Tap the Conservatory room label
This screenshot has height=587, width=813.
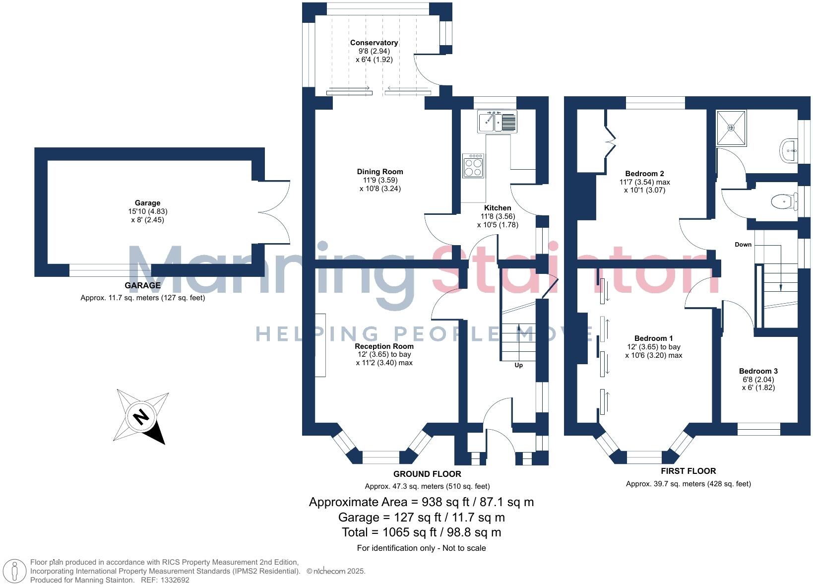[x=374, y=43]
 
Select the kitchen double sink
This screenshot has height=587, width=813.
[x=498, y=122]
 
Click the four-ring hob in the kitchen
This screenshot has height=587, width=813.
[x=473, y=166]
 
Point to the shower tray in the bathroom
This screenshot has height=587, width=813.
[x=731, y=128]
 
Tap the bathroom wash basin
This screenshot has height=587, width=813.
[x=788, y=150]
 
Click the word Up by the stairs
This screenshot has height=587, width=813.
[x=518, y=365]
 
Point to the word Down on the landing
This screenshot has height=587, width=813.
[x=743, y=245]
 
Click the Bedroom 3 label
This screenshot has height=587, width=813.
[x=758, y=371]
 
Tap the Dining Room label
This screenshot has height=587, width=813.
[x=380, y=172]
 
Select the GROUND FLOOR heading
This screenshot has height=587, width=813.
[x=427, y=474]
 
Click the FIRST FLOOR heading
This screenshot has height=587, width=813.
[x=688, y=471]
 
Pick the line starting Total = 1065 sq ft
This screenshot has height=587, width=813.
[x=421, y=532]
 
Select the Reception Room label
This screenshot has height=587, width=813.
[x=384, y=346]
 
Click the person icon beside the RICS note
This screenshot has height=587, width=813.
[x=15, y=571]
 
